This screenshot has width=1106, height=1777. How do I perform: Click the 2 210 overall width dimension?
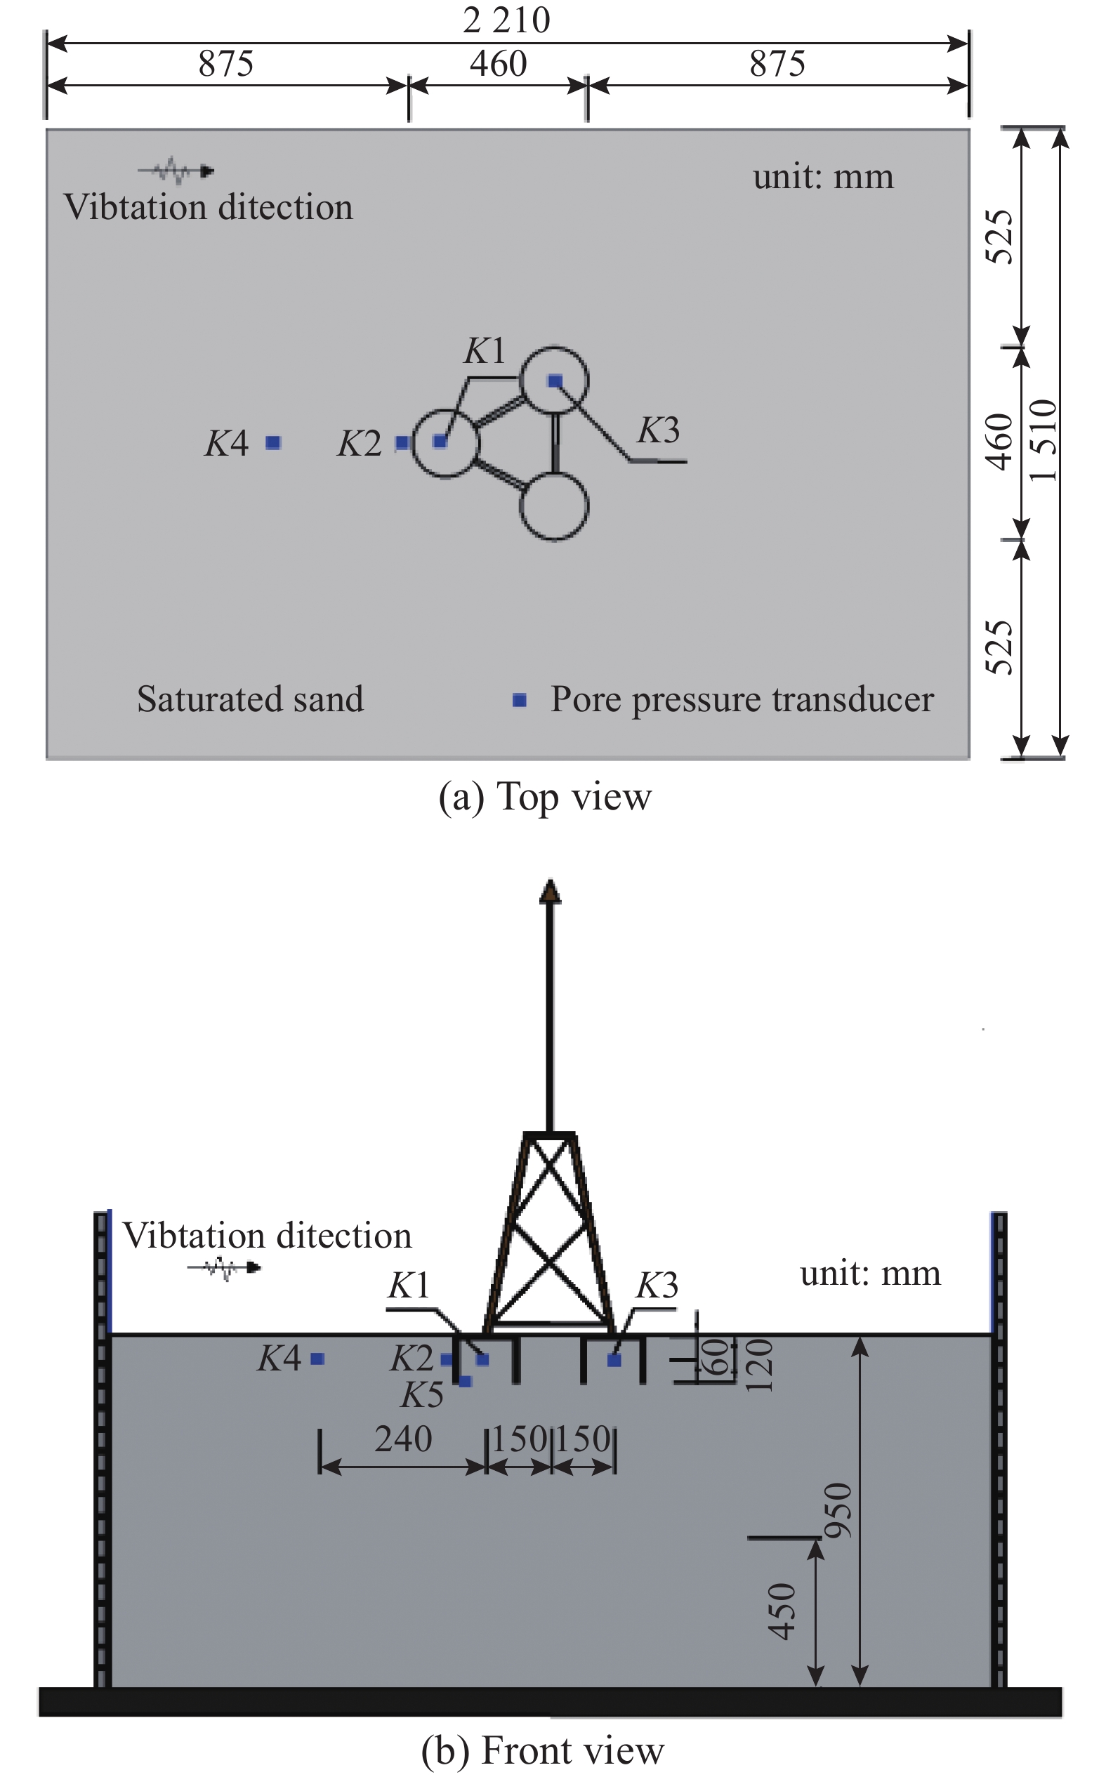[506, 20]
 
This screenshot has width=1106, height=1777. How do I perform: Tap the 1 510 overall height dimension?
[1043, 441]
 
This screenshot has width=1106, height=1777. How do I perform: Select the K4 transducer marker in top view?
[273, 442]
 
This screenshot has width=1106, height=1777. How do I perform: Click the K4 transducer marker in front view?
[317, 1359]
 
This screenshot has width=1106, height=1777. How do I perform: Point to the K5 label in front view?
[422, 1395]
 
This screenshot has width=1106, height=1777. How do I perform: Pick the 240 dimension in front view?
[403, 1439]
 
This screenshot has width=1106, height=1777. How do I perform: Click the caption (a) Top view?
[544, 796]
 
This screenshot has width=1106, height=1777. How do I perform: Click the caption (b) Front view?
[543, 1750]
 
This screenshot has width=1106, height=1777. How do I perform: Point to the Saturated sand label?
[250, 699]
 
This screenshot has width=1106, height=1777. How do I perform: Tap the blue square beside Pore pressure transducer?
[520, 701]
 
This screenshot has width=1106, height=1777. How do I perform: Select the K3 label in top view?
[659, 430]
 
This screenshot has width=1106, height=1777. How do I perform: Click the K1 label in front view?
[409, 1285]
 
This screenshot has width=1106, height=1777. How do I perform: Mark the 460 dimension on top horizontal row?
[498, 64]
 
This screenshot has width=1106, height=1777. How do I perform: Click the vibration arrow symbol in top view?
[176, 172]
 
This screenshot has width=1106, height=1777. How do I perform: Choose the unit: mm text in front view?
[871, 1273]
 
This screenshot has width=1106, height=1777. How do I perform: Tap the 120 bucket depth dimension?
[758, 1365]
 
